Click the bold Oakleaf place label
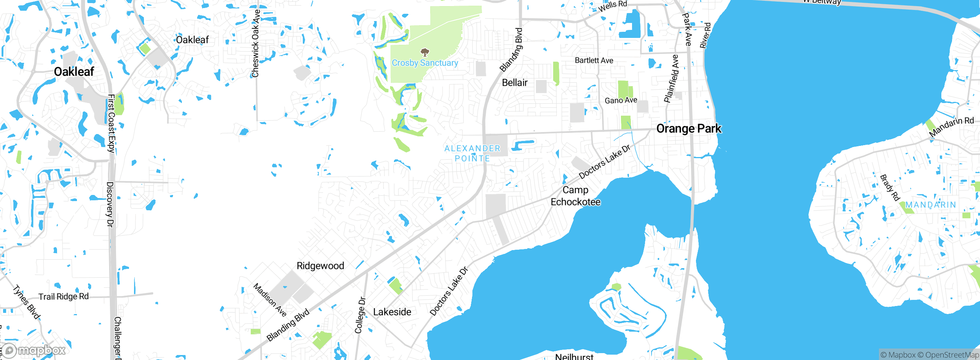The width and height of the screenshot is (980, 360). point(74,72)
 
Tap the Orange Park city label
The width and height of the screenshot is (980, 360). point(689,128)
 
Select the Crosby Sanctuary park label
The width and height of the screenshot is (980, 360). point(425,63)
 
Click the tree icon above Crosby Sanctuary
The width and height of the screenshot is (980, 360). point(425,52)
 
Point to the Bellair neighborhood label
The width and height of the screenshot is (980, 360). point(514,82)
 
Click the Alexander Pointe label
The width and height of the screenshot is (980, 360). point(472,153)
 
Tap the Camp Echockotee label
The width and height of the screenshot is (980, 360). point(575,196)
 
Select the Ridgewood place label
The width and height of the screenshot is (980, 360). point(320,266)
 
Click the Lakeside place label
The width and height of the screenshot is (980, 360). point(392,312)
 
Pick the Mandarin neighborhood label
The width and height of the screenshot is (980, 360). point(930,205)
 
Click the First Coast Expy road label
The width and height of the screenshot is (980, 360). point(111,123)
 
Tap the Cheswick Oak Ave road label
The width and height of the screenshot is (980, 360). point(255,43)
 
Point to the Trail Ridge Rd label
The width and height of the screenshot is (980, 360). point(64,296)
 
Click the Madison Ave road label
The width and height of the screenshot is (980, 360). point(270,300)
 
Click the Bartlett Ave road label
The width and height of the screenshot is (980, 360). point(594,61)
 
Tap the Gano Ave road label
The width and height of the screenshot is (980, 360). point(621,100)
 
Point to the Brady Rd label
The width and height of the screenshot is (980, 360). point(890,188)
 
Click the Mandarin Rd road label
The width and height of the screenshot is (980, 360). point(951,127)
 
